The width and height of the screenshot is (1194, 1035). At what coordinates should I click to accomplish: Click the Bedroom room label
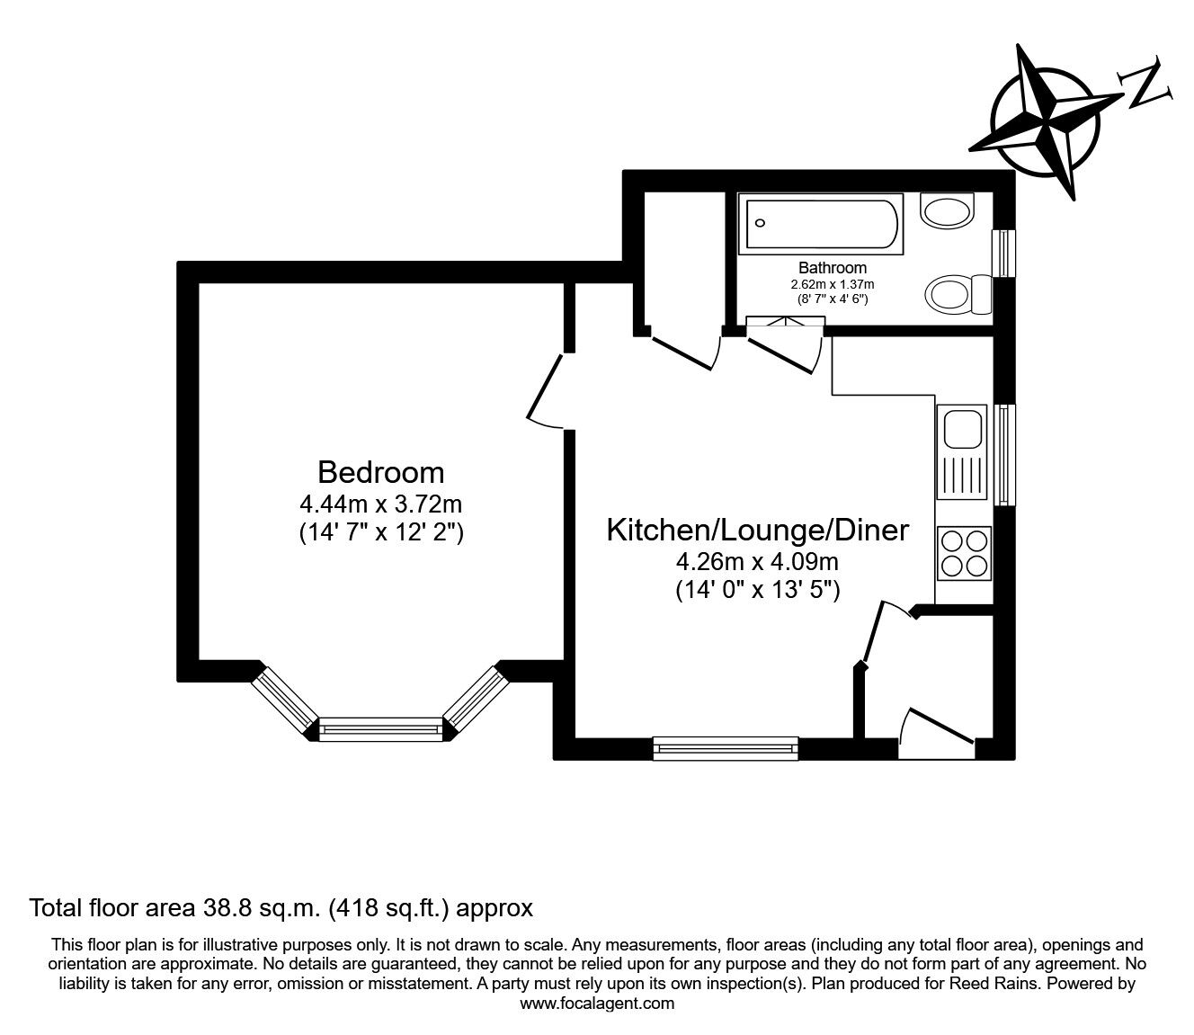pyautogui.click(x=380, y=472)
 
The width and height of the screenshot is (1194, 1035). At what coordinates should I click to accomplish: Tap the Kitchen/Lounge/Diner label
pyautogui.click(x=757, y=530)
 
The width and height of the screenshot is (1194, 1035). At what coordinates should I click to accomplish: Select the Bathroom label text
pyautogui.click(x=833, y=268)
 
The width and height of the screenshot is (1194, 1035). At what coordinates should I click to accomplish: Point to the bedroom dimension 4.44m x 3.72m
pyautogui.click(x=380, y=504)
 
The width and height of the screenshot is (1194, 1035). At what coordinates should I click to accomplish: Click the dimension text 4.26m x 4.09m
pyautogui.click(x=757, y=561)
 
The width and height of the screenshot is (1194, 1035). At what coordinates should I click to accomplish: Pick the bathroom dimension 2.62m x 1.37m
pyautogui.click(x=833, y=284)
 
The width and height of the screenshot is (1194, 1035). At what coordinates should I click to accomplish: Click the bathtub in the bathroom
pyautogui.click(x=821, y=224)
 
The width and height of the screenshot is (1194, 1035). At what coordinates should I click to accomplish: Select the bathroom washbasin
pyautogui.click(x=948, y=211)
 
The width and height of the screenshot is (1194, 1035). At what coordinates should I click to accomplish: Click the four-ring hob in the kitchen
pyautogui.click(x=964, y=553)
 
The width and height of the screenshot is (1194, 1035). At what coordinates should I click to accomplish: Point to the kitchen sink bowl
pyautogui.click(x=962, y=429)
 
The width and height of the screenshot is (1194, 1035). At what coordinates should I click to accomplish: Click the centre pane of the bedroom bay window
pyautogui.click(x=380, y=729)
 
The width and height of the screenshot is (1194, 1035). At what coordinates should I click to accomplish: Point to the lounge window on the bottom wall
pyautogui.click(x=726, y=748)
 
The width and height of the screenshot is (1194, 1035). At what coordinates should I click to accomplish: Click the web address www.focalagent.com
pyautogui.click(x=597, y=1004)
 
